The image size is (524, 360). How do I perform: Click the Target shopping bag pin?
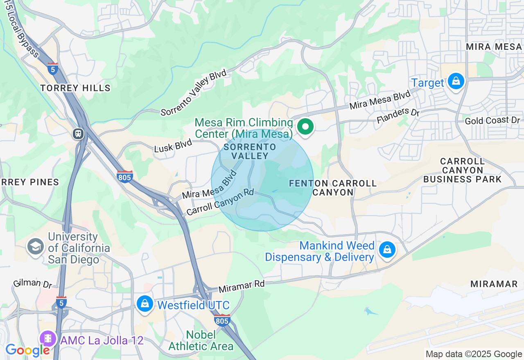pos(456,81)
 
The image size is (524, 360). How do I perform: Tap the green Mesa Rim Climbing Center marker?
pos(305,127)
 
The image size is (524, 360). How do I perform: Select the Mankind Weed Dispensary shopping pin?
pos(387,249)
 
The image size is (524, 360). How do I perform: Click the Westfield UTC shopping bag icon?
pos(145,304)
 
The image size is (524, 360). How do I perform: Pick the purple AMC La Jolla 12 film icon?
pos(48,338)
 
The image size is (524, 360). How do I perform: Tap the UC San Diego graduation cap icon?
pos(36,246)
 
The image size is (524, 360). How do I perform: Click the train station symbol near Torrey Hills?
pos(78,133)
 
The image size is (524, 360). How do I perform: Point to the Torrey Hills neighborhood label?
pos(75,88)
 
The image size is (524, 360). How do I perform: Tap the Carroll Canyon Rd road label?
pos(220,202)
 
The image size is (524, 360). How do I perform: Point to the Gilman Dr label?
pos(33,283)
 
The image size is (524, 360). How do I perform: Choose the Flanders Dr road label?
pos(398,116)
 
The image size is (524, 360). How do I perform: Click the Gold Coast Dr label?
pos(492,120)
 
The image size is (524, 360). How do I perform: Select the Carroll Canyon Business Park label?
pos(463,170)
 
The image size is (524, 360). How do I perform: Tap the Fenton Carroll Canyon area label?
pos(332,188)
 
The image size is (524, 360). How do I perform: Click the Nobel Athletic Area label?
pos(201,340)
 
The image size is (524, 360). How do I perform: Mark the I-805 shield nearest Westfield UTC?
pos(222,319)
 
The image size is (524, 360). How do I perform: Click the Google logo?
pos(27,350)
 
